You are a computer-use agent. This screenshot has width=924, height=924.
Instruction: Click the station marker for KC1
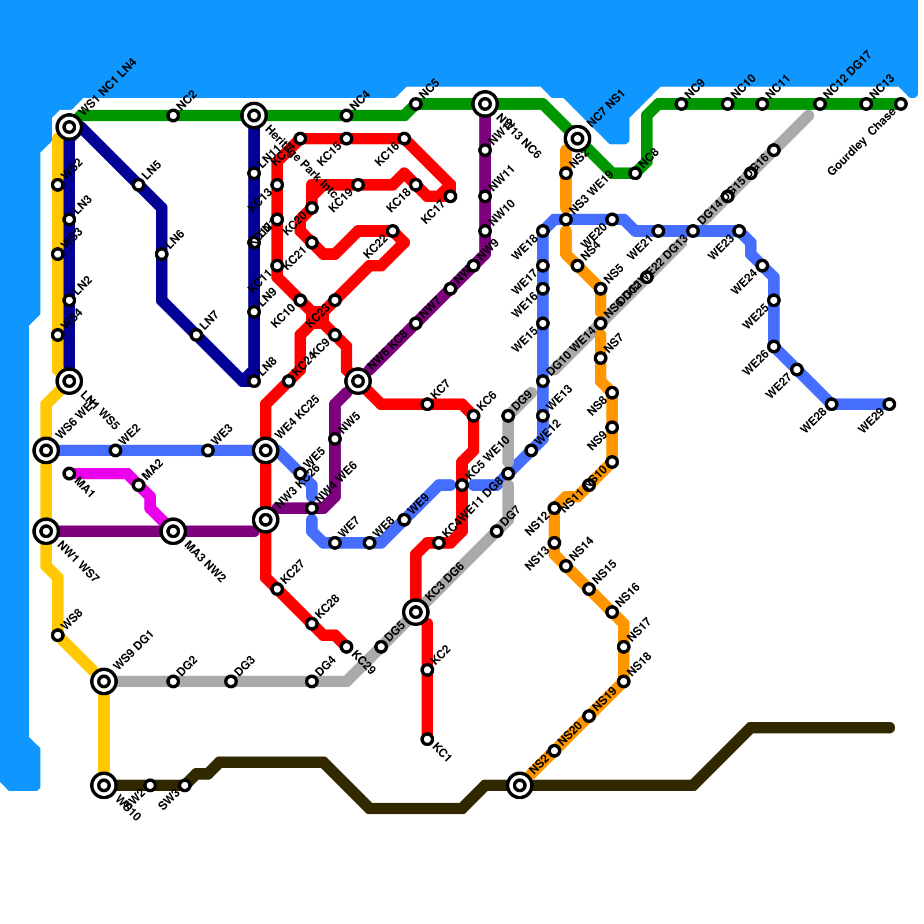click(427, 739)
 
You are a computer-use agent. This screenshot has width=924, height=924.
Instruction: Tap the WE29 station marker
click(889, 404)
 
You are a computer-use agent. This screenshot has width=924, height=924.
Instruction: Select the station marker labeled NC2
click(173, 115)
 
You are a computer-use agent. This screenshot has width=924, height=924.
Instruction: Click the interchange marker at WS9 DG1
click(104, 681)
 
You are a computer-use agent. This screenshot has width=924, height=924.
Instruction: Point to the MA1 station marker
click(69, 474)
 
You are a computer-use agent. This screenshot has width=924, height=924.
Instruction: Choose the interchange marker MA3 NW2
click(173, 531)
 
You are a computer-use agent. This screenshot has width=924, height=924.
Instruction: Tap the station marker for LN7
click(196, 335)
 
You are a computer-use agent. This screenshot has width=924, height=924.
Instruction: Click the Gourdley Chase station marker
click(901, 104)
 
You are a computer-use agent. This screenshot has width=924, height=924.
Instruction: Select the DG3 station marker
click(231, 681)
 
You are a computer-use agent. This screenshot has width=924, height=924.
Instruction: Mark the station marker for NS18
click(624, 681)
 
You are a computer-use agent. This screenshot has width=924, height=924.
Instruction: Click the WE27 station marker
click(797, 370)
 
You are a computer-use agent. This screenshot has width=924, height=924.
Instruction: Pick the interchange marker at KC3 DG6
click(416, 612)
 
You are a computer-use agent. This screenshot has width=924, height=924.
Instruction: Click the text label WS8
click(73, 619)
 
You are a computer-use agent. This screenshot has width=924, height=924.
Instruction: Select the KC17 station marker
click(450, 196)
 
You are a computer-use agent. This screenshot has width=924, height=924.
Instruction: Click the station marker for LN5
click(139, 185)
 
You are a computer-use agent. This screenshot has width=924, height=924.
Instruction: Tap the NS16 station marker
click(612, 612)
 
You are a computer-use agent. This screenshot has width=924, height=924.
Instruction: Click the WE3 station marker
click(208, 450)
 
